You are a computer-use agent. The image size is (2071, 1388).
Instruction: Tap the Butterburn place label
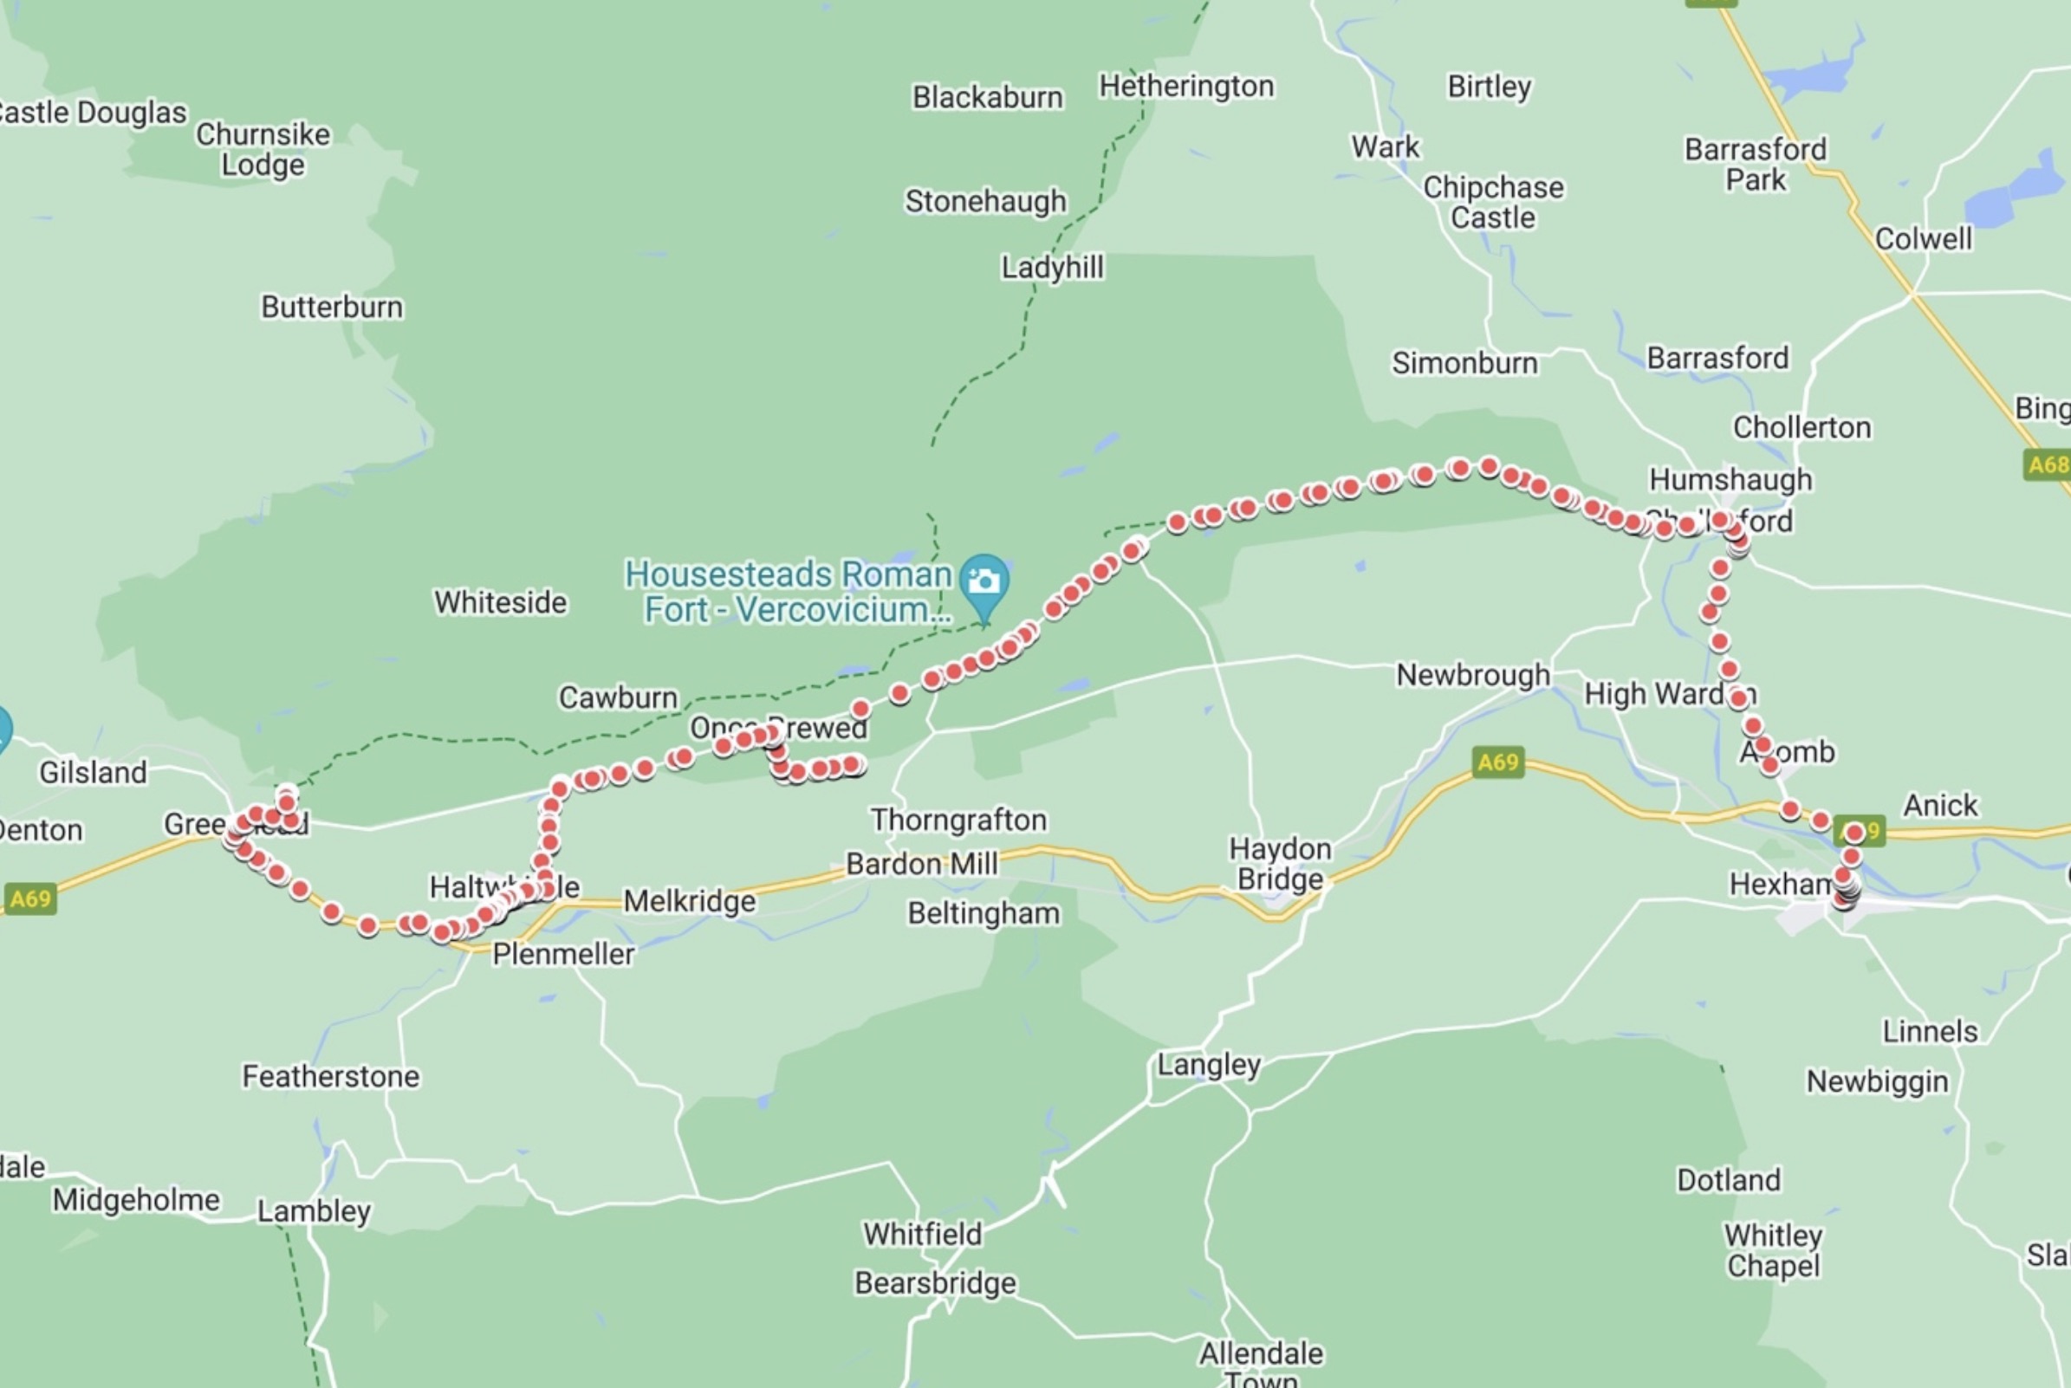(332, 308)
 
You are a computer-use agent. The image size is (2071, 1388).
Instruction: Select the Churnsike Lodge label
(263, 150)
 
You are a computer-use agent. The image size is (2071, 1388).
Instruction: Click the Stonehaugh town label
(985, 202)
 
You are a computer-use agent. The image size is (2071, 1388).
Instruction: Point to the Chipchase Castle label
(1493, 203)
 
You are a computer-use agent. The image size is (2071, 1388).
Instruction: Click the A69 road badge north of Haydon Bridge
(1497, 762)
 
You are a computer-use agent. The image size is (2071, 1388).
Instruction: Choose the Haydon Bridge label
(1280, 864)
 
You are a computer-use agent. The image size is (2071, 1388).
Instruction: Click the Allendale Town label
(1261, 1364)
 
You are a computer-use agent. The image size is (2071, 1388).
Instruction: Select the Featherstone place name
(331, 1076)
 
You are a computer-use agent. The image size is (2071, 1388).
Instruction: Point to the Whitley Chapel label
(1773, 1250)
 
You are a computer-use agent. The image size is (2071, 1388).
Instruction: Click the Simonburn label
(1464, 363)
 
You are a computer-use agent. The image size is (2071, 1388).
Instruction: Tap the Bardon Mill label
(921, 864)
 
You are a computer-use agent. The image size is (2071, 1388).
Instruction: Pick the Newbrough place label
(1473, 676)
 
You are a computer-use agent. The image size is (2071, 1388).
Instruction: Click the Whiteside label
(500, 603)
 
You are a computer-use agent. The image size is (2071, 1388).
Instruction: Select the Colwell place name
(1923, 239)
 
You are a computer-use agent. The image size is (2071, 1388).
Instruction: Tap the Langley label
(1209, 1065)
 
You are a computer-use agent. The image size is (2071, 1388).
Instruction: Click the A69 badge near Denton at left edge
(31, 899)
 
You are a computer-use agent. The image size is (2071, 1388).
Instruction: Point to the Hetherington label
(1186, 87)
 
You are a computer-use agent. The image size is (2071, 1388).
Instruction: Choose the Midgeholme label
(135, 1200)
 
